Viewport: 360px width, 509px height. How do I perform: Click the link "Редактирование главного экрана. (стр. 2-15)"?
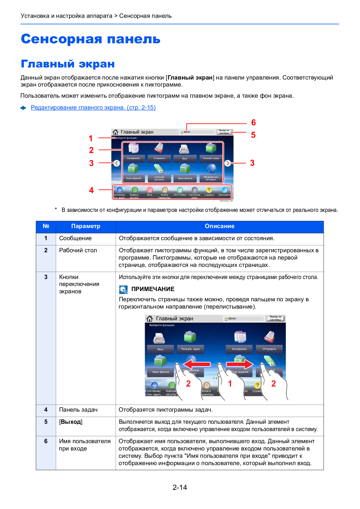click(x=93, y=108)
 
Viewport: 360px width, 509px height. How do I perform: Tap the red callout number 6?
click(x=253, y=122)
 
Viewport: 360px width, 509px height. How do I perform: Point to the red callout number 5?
click(x=253, y=135)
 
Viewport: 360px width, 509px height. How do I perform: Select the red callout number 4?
click(x=91, y=190)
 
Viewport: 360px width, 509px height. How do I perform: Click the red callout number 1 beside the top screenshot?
click(x=91, y=138)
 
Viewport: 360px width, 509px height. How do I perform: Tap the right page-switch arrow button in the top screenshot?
click(x=228, y=163)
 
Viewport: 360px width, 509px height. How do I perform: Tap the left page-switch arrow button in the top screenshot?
click(x=117, y=163)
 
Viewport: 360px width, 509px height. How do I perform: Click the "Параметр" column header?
click(x=86, y=226)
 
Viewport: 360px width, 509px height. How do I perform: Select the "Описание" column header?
click(x=219, y=226)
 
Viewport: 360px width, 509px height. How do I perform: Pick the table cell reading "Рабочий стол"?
click(x=78, y=250)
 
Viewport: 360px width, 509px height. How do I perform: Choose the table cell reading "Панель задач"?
click(x=78, y=410)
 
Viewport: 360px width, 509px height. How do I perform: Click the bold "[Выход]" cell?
click(x=71, y=422)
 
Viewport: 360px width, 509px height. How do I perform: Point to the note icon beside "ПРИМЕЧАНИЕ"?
click(x=123, y=289)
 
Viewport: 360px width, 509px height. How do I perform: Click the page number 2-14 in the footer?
click(x=180, y=487)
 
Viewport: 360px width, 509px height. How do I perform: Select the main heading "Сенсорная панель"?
click(x=91, y=39)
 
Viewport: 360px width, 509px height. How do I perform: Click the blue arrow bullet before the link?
click(x=24, y=108)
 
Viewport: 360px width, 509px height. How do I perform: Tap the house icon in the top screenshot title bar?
click(x=115, y=132)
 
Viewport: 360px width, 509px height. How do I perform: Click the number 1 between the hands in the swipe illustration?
click(x=230, y=384)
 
